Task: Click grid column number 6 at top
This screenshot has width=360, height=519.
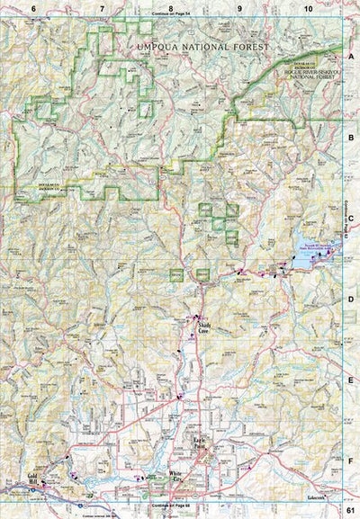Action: [x=33, y=7]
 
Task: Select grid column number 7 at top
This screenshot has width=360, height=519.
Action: [x=102, y=7]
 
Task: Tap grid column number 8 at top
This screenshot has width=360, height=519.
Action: [x=171, y=7]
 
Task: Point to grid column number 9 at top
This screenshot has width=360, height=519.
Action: [x=239, y=7]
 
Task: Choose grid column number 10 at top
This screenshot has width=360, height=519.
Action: [x=308, y=7]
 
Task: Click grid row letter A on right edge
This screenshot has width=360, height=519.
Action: [x=352, y=56]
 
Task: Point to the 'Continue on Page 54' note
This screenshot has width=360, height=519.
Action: [x=171, y=15]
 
